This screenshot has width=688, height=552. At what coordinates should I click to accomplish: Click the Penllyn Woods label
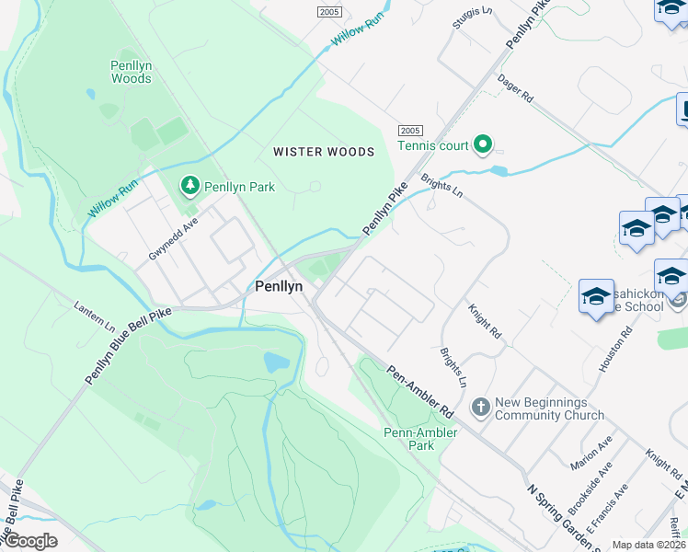point(131,72)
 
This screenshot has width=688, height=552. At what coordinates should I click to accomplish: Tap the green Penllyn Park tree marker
point(190,186)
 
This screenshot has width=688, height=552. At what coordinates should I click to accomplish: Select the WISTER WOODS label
point(324,152)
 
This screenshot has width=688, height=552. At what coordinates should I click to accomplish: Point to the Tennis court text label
point(432,145)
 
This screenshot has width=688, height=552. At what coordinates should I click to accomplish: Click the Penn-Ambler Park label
point(407,439)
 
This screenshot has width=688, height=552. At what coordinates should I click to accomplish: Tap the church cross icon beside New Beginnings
point(479,406)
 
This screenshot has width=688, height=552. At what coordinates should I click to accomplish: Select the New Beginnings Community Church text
point(550,409)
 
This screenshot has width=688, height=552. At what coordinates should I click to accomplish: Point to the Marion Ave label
point(591,453)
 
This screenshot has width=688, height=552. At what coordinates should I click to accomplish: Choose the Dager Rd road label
point(515,88)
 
